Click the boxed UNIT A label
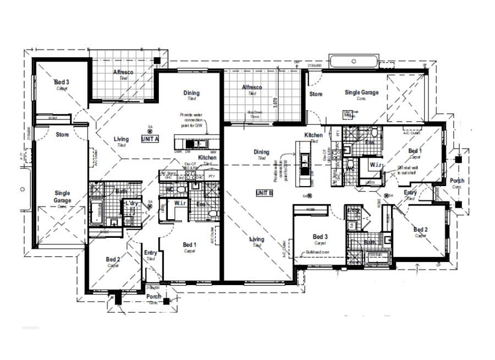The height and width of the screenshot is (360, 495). (x=150, y=139)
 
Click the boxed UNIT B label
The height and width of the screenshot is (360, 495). (x=265, y=193)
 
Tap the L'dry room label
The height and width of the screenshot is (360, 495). (x=131, y=204)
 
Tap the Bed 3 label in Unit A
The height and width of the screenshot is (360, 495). (x=61, y=83)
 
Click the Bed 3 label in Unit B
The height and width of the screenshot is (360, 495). (x=321, y=237)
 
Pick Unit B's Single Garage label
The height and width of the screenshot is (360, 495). (x=361, y=92)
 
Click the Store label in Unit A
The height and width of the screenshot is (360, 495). (x=62, y=134)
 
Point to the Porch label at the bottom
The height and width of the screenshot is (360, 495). (x=153, y=297)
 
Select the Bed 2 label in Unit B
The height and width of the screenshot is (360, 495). (x=421, y=230)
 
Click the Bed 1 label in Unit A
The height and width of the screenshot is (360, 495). (x=189, y=245)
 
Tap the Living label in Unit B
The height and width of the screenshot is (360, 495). (x=257, y=239)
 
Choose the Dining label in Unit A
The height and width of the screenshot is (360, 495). (x=191, y=93)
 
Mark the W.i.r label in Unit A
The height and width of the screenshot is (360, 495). (x=180, y=203)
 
